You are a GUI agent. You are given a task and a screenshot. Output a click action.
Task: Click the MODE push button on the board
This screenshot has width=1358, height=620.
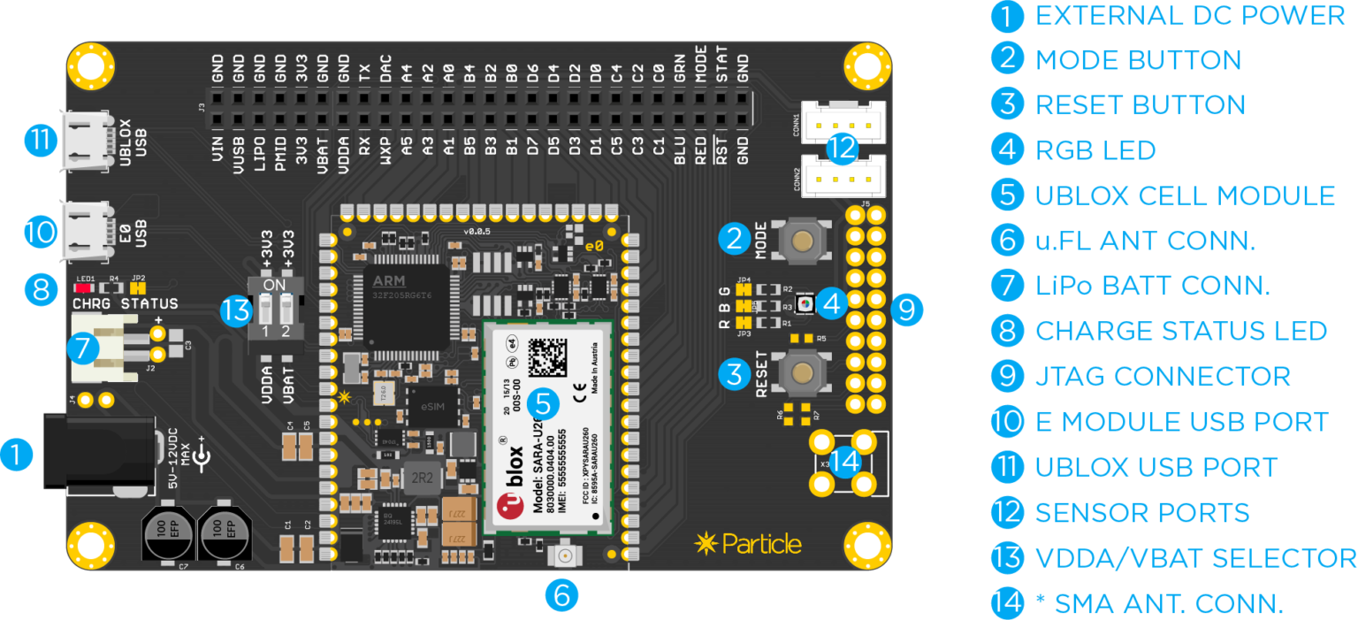click(x=802, y=241)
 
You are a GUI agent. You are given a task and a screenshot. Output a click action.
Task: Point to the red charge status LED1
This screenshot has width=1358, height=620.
click(x=86, y=287)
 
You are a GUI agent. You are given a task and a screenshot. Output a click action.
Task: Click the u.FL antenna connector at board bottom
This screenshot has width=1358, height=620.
click(x=561, y=556)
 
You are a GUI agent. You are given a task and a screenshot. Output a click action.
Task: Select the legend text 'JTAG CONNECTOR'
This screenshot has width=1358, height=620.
click(x=1163, y=376)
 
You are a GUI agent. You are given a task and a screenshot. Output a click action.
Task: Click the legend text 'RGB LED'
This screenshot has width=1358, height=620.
click(x=1095, y=150)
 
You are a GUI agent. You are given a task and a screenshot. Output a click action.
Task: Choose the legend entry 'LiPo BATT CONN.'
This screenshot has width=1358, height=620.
click(x=1153, y=285)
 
